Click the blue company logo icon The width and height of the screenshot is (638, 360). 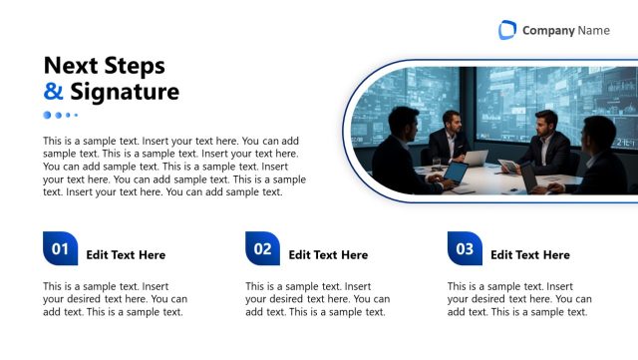tap(507, 30)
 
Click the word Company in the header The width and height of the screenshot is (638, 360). tap(548, 31)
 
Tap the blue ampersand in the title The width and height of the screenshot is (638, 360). tap(53, 93)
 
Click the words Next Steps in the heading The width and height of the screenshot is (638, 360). tap(104, 66)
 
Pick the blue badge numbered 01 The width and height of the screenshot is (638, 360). tap(60, 249)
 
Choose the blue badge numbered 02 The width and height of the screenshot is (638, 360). tap(262, 249)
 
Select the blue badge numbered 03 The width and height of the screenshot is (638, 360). tap(465, 249)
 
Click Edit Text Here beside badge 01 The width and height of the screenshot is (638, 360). tap(126, 255)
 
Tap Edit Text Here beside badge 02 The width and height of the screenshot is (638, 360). tap(328, 255)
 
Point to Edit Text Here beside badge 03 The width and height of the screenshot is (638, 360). tap(530, 255)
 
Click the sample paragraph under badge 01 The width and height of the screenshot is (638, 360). tap(115, 299)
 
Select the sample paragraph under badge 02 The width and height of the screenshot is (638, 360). tap(317, 299)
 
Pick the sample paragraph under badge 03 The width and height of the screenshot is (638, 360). tap(519, 299)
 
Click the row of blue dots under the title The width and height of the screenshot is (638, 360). tap(60, 116)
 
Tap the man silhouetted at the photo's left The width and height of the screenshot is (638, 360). tap(400, 150)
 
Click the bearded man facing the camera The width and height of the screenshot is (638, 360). tap(448, 135)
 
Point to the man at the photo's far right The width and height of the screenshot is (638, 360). tap(596, 155)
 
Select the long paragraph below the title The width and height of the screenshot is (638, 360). tap(171, 167)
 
